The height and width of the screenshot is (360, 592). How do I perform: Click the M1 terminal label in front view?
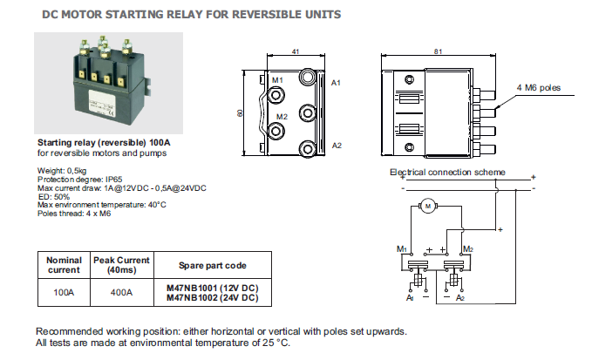277,79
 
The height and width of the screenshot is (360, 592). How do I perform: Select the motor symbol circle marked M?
427,206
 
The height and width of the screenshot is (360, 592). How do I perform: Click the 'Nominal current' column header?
64,265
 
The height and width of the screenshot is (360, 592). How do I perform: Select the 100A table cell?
64,293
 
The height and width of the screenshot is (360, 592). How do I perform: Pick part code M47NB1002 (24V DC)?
212,298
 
